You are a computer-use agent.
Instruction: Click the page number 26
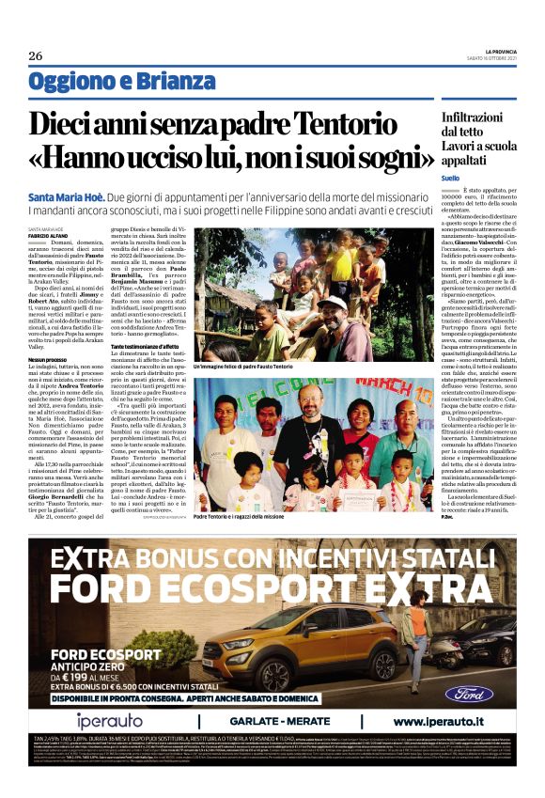tap(36, 55)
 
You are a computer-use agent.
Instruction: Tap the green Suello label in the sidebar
tap(451, 178)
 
